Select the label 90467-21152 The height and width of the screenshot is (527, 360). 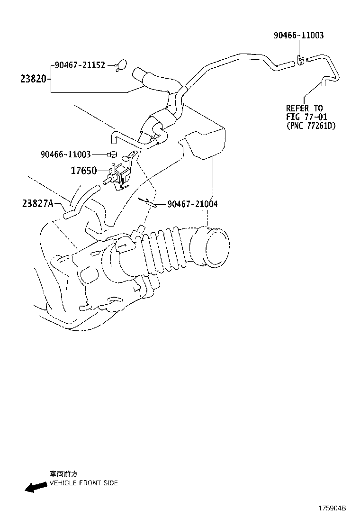tap(80, 65)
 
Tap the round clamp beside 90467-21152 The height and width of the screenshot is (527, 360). tap(121, 66)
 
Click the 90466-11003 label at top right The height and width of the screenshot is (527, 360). tap(299, 36)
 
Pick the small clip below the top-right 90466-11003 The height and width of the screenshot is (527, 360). tap(300, 60)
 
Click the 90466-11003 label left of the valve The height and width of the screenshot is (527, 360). tap(65, 154)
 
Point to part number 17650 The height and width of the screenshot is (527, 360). tap(84, 171)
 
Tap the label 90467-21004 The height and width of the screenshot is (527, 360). tap(192, 204)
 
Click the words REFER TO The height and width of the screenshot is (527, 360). tap(304, 108)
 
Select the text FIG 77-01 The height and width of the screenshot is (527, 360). tap(306, 117)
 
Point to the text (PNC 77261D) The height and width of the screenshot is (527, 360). tap(311, 126)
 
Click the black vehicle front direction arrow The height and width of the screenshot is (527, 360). tap(36, 487)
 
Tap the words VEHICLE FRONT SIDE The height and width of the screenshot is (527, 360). tap(84, 483)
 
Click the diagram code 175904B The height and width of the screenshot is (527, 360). tap(332, 508)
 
